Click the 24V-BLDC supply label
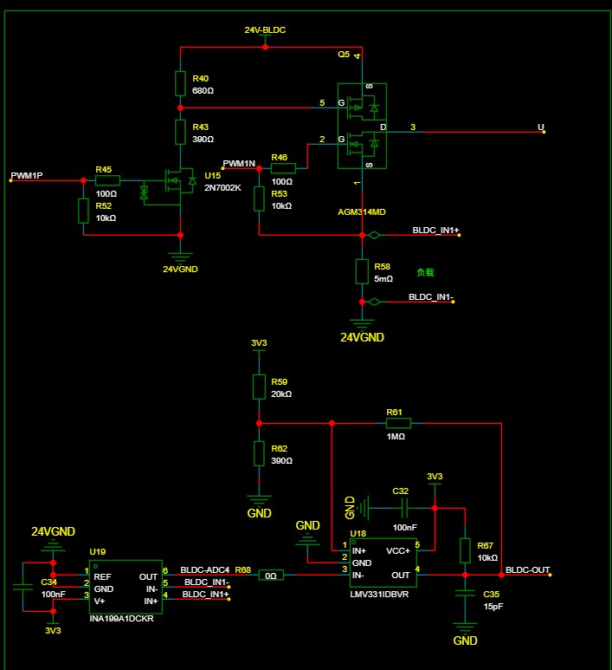265,30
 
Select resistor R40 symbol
180,83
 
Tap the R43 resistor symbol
180,132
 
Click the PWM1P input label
26,176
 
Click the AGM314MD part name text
361,211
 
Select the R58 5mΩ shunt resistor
362,271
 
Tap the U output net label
541,127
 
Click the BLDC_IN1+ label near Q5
435,231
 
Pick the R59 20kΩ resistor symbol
258,387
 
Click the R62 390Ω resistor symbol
258,453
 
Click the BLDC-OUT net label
527,570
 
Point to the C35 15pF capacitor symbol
466,594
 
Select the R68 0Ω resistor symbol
272,575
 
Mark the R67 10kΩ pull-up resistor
466,550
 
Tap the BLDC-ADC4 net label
203,570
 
